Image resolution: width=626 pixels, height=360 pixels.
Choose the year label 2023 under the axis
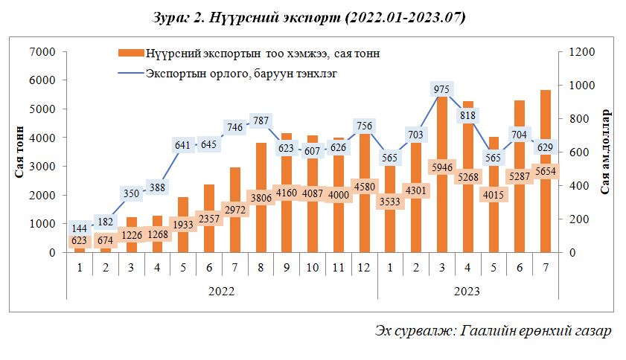pos(466,291)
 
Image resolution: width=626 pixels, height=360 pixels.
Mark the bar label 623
pos(79,241)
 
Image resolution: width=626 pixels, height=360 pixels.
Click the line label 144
pos(79,228)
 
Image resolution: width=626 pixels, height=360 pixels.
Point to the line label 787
pos(261,120)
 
